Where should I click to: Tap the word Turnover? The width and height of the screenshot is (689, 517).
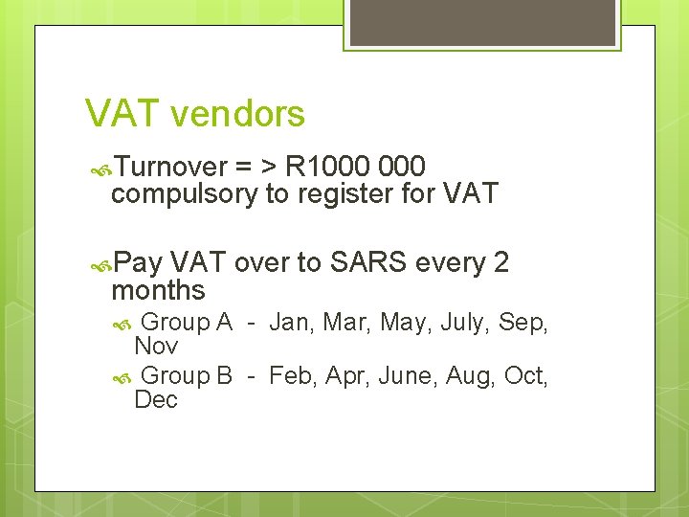[172, 168]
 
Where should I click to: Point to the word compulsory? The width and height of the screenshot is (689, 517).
[185, 194]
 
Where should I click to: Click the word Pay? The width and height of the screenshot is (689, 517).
[139, 263]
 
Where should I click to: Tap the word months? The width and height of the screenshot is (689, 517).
[159, 289]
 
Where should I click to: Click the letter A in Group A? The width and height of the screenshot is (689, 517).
[224, 323]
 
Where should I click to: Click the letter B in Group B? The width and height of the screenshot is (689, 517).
[224, 375]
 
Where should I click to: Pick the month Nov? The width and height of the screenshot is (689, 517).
[156, 346]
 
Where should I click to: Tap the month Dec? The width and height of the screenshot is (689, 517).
[156, 399]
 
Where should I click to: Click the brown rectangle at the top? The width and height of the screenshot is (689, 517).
[481, 22]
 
